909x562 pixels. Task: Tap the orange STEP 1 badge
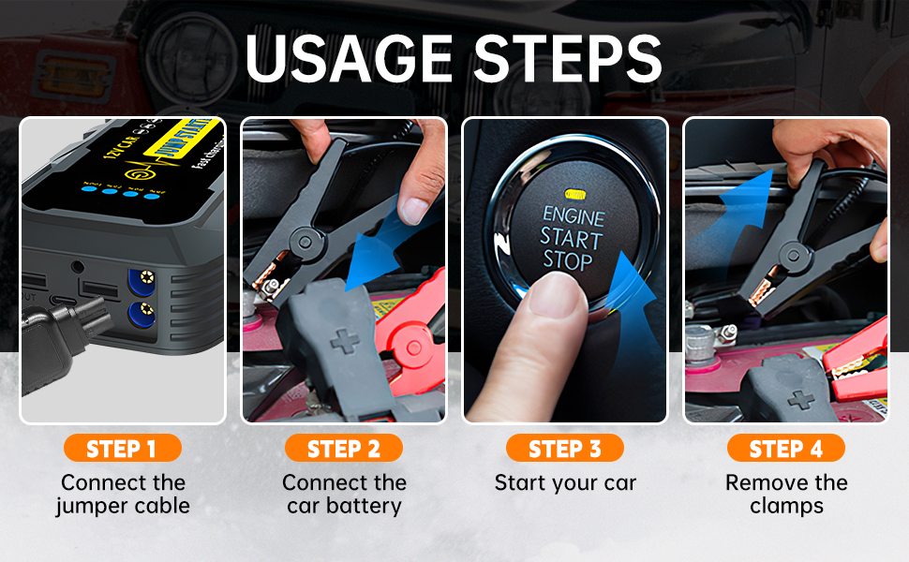(x=122, y=449)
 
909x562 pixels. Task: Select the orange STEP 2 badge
(x=343, y=449)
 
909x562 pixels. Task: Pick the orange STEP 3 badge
(x=565, y=449)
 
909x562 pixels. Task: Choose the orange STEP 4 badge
(x=786, y=449)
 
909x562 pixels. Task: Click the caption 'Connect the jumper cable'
(x=122, y=495)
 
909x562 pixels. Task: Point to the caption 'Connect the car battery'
(x=343, y=495)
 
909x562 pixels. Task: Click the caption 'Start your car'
(x=565, y=483)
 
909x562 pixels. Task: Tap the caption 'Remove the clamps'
(x=786, y=495)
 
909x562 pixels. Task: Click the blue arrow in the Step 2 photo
(x=384, y=253)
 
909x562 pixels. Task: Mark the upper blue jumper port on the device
(x=142, y=277)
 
